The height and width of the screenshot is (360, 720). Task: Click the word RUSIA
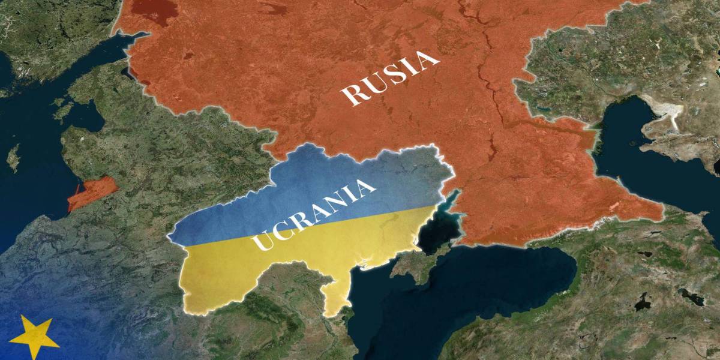click(x=391, y=78)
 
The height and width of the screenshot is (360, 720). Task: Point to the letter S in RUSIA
click(x=393, y=76)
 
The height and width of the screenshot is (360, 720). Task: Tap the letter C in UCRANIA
click(x=280, y=231)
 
